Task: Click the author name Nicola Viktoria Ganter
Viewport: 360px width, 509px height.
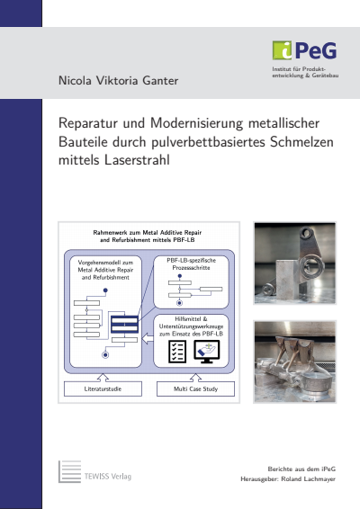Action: click(x=118, y=81)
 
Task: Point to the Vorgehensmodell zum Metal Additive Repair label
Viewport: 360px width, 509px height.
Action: click(x=104, y=270)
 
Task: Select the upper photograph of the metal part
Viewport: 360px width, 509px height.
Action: click(x=293, y=263)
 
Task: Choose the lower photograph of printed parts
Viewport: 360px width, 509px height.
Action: click(x=293, y=360)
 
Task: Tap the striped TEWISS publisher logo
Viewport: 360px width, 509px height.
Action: click(x=70, y=473)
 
